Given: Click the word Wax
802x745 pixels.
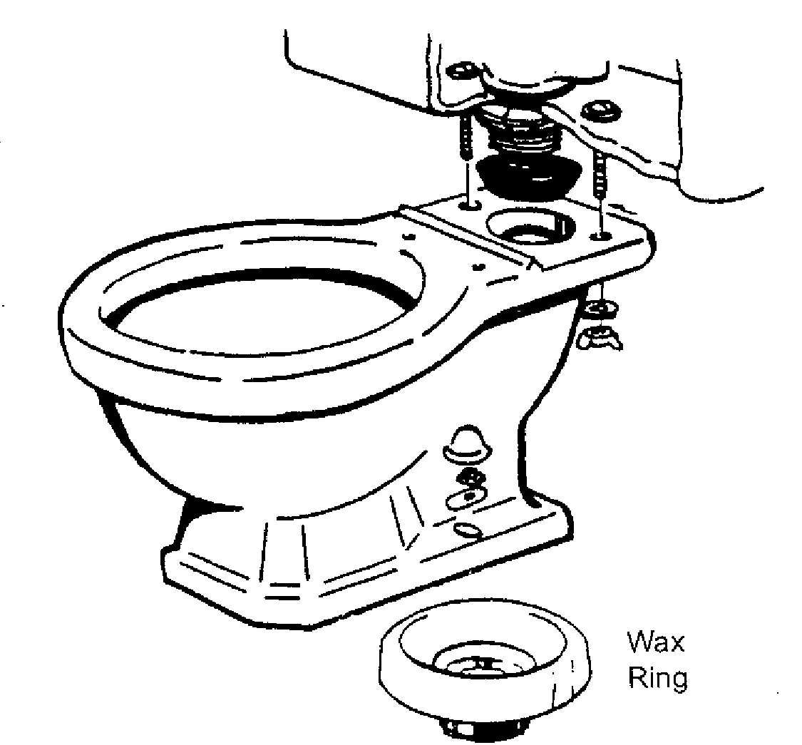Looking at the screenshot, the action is [x=656, y=642].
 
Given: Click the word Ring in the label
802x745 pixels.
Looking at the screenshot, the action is [x=657, y=679].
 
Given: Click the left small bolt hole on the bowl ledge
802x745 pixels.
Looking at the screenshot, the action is [x=470, y=205].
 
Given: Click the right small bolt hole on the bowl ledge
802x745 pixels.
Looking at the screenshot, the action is [x=600, y=237].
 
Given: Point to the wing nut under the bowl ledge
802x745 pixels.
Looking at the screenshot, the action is [x=600, y=338].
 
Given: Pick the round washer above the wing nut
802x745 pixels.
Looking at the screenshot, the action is [x=601, y=309].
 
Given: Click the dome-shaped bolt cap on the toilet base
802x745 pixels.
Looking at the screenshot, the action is [x=466, y=443].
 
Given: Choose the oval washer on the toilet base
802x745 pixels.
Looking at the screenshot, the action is [x=466, y=498].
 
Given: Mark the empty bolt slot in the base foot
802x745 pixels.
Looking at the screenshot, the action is [x=468, y=530].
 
